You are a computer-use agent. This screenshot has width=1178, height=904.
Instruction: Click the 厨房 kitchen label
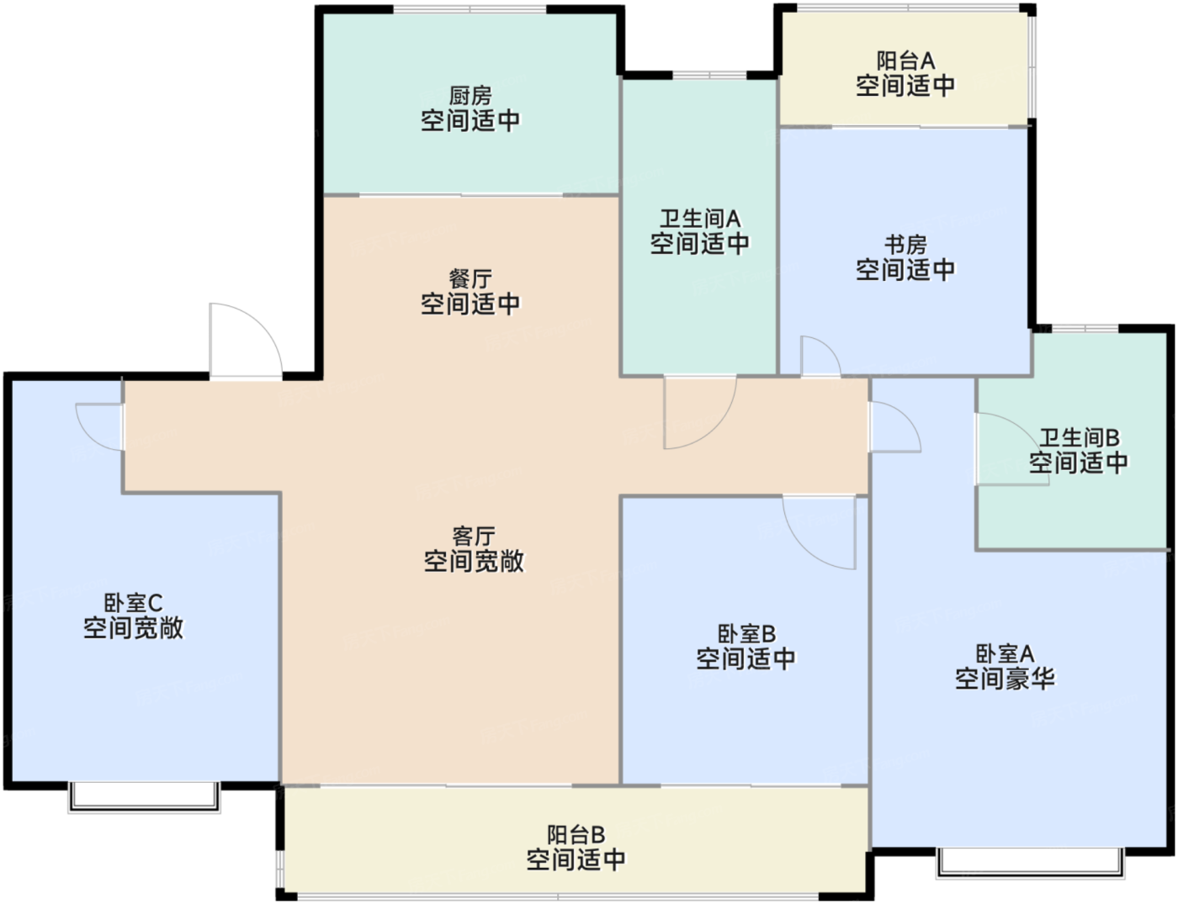pos(470,97)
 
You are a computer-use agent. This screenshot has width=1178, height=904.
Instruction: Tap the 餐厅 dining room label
pos(470,279)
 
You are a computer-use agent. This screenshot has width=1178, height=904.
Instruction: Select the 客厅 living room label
pos(473,537)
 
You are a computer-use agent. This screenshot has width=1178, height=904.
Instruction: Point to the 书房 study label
pos(905,245)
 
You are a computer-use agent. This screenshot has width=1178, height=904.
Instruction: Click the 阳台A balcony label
pos(906,61)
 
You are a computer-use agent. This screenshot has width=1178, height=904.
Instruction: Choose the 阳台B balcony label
pos(576,835)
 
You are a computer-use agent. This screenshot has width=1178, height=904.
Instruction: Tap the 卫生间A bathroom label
pos(700,219)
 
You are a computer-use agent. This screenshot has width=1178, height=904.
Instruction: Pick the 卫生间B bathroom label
pos(1079,437)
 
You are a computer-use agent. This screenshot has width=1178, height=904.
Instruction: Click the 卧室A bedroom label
pos(1005,653)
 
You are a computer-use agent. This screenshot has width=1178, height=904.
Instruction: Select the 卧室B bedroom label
pos(746,633)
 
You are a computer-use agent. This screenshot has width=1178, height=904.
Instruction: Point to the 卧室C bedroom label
pos(133,603)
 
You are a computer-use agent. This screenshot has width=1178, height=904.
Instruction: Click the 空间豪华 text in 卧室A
pos(1005,679)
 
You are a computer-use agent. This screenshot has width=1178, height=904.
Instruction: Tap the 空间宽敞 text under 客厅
pos(473,561)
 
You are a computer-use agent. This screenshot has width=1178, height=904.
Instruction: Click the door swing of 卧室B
pos(803,547)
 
